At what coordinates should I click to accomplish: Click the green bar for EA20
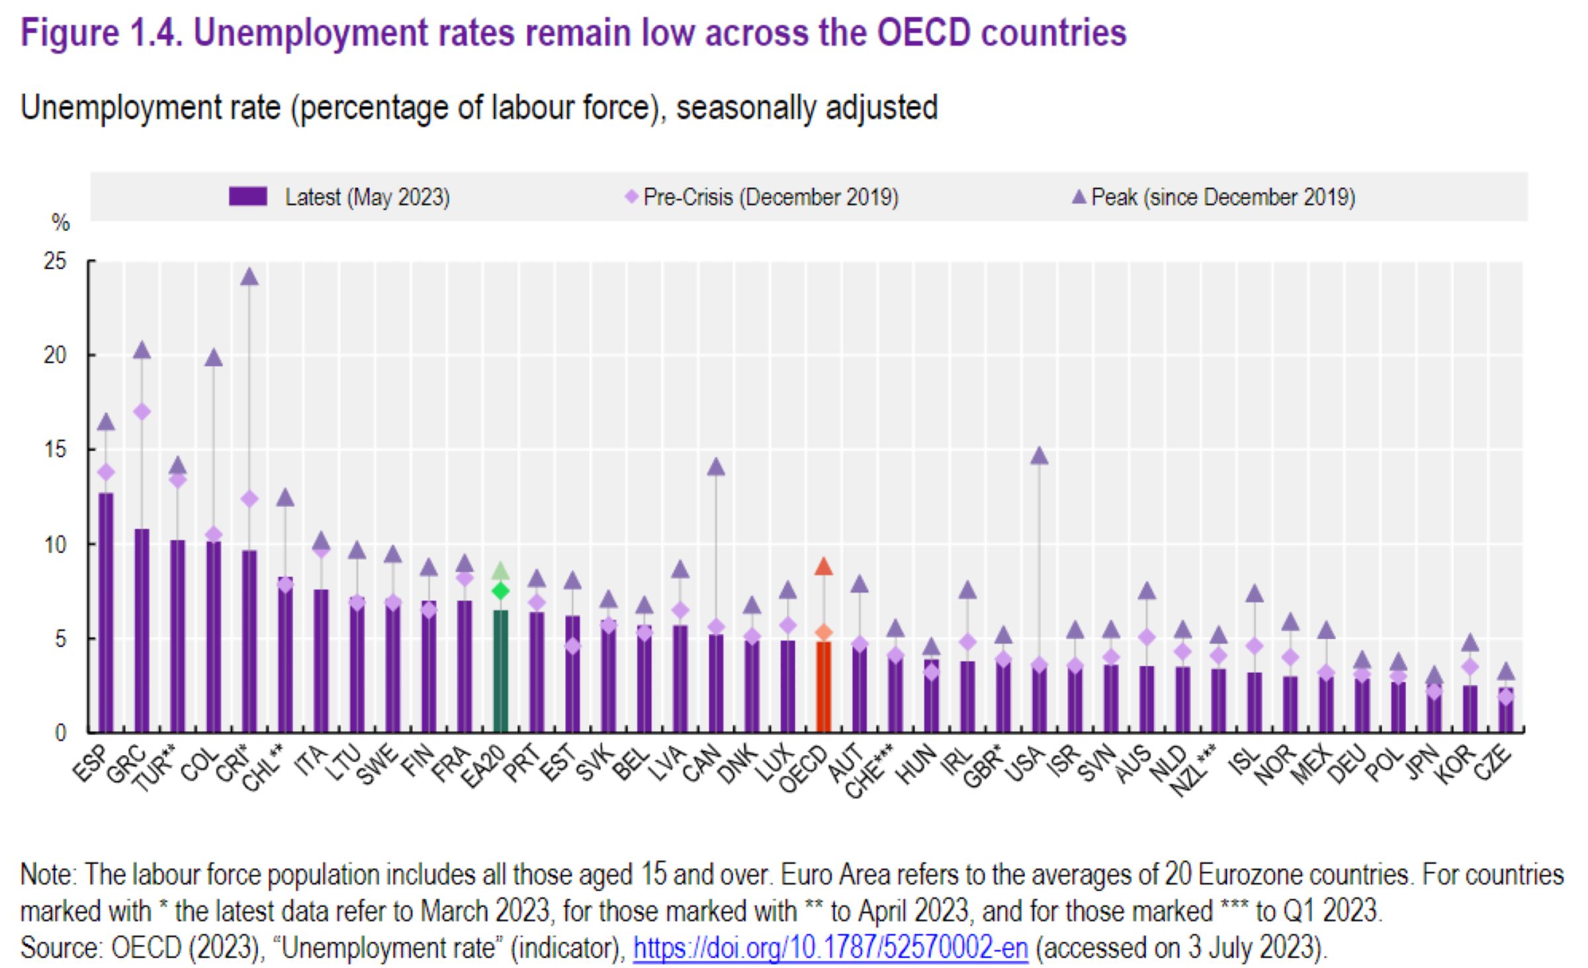(x=501, y=672)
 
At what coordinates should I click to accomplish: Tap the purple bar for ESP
(x=106, y=612)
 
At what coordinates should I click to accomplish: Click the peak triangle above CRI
(x=249, y=277)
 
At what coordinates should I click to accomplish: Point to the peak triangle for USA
(x=1039, y=456)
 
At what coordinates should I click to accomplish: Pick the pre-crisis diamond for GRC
(x=142, y=412)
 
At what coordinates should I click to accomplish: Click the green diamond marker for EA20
(x=501, y=590)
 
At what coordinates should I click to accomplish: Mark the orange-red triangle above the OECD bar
(x=823, y=566)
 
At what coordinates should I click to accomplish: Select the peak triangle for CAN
(x=716, y=467)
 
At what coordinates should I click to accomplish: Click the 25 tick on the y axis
(x=56, y=261)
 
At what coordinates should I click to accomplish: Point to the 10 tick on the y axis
(x=56, y=544)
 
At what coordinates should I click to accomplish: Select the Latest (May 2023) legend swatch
(x=248, y=197)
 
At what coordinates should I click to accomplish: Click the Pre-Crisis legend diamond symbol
(x=631, y=197)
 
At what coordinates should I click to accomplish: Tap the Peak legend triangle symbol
(x=1079, y=197)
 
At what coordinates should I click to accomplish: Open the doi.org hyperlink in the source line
(x=830, y=948)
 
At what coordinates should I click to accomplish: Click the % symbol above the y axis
(x=60, y=223)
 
